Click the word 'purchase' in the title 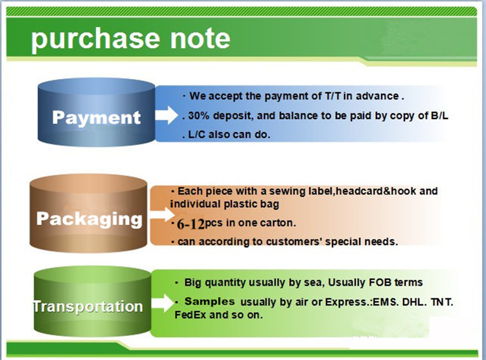(x=95, y=39)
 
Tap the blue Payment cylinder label (x=97, y=117)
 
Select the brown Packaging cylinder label (x=89, y=219)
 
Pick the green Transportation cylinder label (x=88, y=306)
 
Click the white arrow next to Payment (x=167, y=115)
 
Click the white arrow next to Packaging (x=163, y=214)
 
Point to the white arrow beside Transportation (x=163, y=302)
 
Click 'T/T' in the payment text (x=332, y=96)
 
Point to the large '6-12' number (x=191, y=224)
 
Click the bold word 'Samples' (x=209, y=301)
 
